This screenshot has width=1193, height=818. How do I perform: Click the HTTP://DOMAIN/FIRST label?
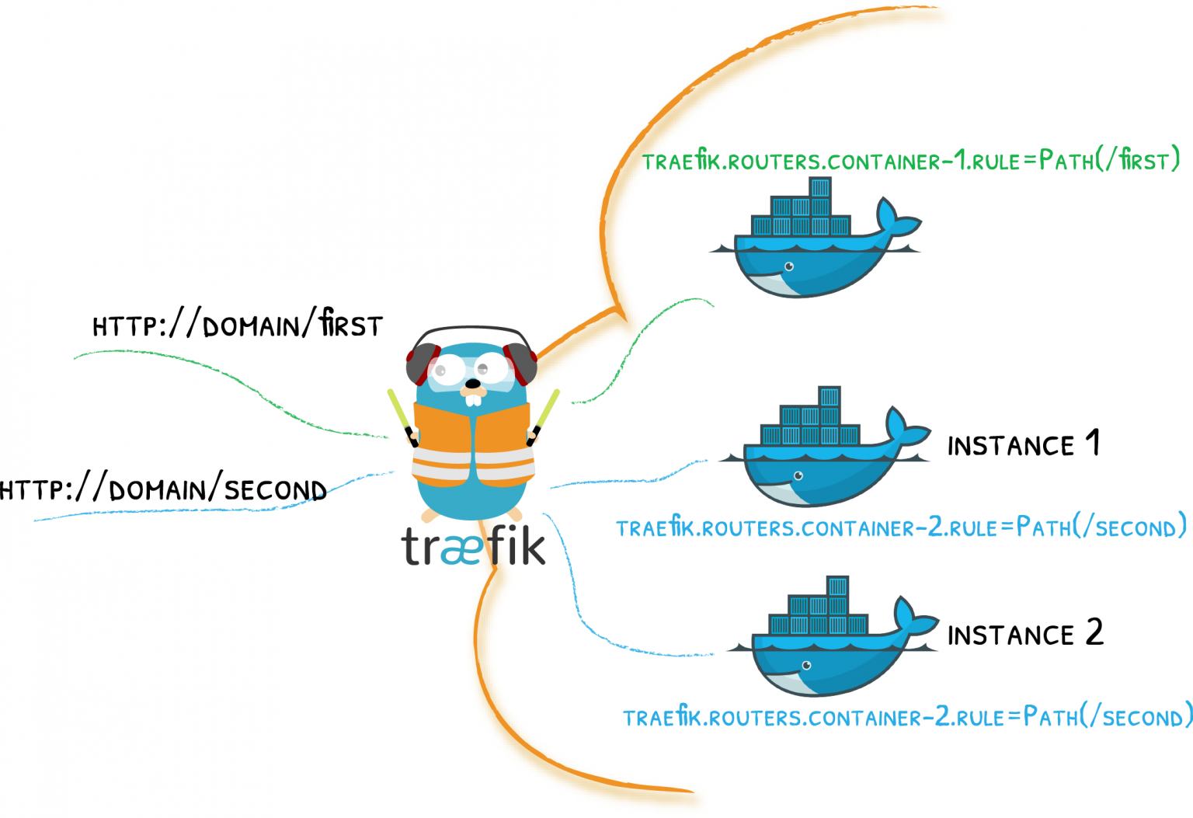tap(238, 323)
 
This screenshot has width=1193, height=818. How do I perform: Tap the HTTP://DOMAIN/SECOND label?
tap(163, 487)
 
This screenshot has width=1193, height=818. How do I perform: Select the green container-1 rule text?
tap(911, 159)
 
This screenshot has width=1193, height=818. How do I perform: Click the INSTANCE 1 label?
tap(1023, 443)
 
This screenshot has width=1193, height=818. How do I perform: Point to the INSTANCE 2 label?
tap(1025, 632)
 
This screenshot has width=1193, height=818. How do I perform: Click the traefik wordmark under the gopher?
tap(474, 545)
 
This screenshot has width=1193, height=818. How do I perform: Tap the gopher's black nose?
tap(472, 384)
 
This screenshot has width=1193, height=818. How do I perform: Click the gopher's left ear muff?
tap(423, 364)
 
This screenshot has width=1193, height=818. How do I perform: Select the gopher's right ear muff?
tap(520, 364)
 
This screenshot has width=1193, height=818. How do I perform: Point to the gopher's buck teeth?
tap(473, 399)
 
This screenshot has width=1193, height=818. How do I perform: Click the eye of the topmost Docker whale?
tap(789, 266)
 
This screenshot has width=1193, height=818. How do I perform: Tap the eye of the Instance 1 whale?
tap(798, 475)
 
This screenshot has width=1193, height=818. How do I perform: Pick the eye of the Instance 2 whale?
tap(806, 665)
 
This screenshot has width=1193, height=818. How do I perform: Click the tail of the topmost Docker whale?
tap(896, 218)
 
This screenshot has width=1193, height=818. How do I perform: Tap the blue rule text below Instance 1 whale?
tap(901, 526)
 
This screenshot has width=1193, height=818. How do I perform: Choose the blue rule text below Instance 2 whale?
tap(908, 715)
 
